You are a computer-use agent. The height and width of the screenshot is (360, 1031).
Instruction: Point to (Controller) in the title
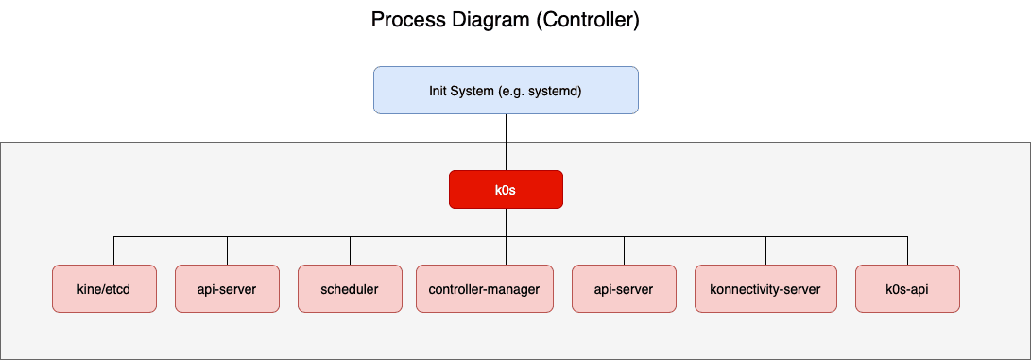[588, 20]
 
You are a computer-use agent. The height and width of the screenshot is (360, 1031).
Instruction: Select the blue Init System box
[506, 90]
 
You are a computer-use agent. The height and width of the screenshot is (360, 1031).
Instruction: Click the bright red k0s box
[506, 189]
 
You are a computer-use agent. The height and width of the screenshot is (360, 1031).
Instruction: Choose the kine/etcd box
[104, 289]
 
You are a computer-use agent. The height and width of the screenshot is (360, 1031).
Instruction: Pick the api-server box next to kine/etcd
[227, 289]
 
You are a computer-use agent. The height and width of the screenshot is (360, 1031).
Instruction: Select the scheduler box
[350, 289]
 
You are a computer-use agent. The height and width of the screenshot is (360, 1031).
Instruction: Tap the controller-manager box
[484, 289]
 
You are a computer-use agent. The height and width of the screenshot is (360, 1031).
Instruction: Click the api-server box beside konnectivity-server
[624, 289]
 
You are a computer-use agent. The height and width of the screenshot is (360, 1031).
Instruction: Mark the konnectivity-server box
[765, 289]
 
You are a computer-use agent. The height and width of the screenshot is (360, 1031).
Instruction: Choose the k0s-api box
[907, 289]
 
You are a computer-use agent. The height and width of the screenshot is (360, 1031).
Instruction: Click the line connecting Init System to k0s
[506, 142]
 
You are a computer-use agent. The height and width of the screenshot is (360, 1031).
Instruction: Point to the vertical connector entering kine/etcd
[113, 250]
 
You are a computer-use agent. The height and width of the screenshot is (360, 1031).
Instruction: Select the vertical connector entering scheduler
[350, 250]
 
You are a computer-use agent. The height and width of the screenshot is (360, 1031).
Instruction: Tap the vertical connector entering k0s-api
[907, 250]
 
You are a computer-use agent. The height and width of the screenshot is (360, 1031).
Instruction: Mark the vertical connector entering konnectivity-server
[765, 250]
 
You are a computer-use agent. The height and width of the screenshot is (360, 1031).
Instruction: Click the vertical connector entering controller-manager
[506, 252]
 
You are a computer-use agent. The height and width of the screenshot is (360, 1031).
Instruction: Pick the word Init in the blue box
[440, 91]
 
